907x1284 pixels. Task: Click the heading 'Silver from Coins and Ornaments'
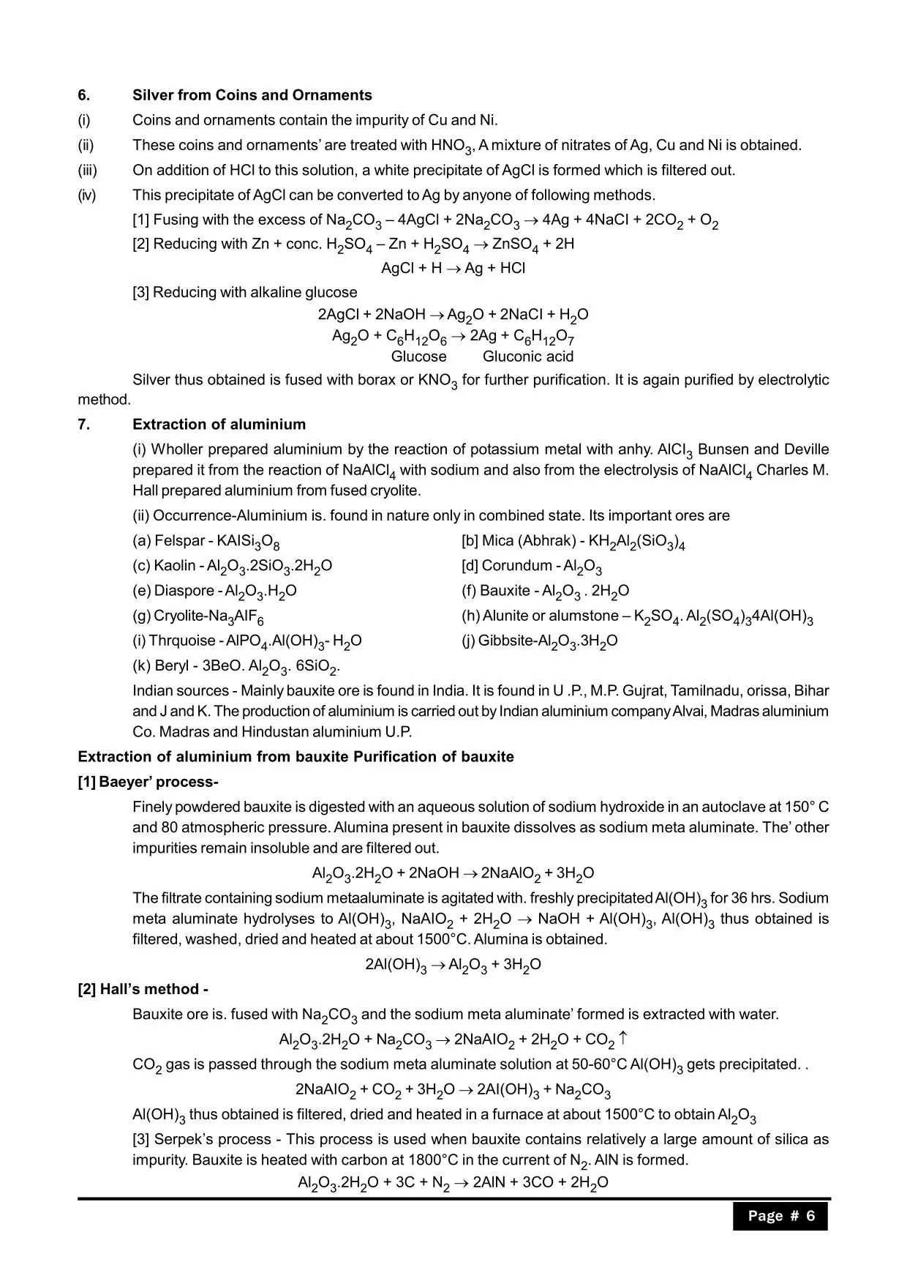click(x=252, y=95)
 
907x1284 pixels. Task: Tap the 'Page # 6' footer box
click(x=780, y=1216)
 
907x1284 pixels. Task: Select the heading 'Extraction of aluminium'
click(x=219, y=425)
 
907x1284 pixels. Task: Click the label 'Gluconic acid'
click(x=527, y=357)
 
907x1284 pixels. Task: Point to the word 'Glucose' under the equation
click(x=418, y=357)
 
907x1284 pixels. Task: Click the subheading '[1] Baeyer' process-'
click(x=148, y=782)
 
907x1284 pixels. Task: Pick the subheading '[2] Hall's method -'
click(x=143, y=989)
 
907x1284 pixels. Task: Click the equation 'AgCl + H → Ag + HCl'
click(x=453, y=268)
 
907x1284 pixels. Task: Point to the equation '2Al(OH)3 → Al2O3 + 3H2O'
click(x=453, y=965)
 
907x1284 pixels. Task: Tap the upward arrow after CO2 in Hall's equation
click(x=622, y=1038)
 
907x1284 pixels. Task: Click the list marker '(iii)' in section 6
click(x=87, y=170)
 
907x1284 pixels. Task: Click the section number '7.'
click(x=84, y=425)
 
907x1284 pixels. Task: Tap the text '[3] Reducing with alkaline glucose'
click(x=244, y=292)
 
